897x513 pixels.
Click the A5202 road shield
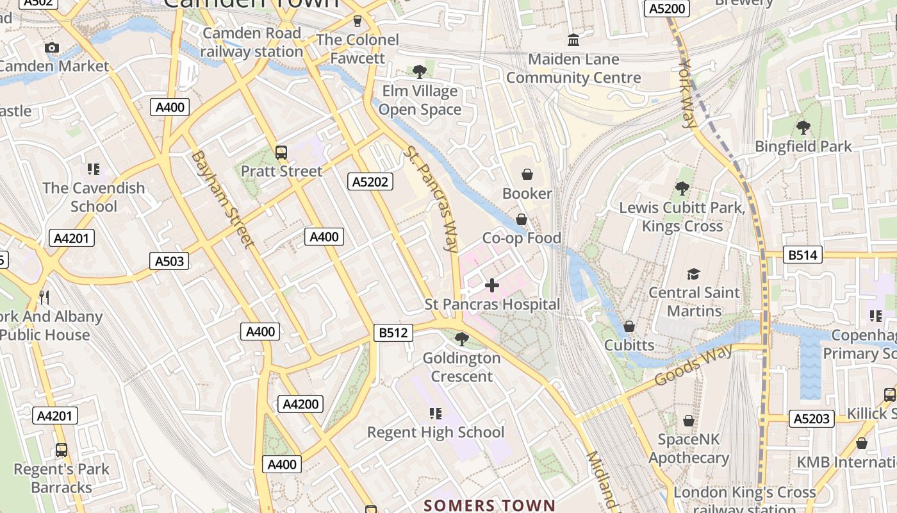click(370, 182)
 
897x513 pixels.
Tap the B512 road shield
click(393, 333)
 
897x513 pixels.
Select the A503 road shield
click(169, 261)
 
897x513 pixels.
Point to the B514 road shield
click(803, 255)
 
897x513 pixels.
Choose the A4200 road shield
click(300, 404)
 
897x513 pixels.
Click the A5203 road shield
click(812, 419)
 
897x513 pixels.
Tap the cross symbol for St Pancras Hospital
click(492, 285)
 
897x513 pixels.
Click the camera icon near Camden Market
click(52, 47)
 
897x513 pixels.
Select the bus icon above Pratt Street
click(281, 153)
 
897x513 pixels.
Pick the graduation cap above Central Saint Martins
click(693, 274)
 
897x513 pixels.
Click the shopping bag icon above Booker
click(527, 174)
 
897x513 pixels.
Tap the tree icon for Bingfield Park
click(803, 128)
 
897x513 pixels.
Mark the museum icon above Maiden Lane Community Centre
click(573, 40)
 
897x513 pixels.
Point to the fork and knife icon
click(44, 297)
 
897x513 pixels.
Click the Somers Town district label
click(489, 505)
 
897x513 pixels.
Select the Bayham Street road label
click(221, 199)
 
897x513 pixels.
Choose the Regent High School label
click(436, 432)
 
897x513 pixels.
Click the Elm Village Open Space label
click(420, 101)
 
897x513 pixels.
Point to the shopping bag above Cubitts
click(629, 327)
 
